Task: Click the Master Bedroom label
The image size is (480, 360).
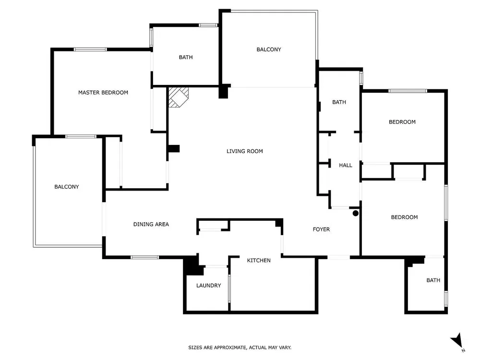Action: [x=103, y=93]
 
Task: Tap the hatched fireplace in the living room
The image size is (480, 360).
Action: [x=179, y=97]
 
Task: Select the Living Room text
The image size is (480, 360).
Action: [x=245, y=151]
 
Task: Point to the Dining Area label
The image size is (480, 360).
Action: [x=151, y=224]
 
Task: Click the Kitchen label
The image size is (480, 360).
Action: [x=259, y=261]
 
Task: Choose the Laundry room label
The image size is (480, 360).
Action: [x=208, y=286]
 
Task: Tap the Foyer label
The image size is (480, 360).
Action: [x=321, y=229]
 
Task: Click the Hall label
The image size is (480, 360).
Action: [x=345, y=165]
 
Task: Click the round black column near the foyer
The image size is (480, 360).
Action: [x=355, y=214]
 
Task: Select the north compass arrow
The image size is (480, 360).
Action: [x=457, y=341]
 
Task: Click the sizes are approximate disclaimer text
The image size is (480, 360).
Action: [x=240, y=348]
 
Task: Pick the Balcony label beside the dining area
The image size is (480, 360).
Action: [x=66, y=187]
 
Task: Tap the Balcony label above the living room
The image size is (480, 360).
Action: [x=269, y=49]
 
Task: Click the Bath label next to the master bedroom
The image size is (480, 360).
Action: [x=186, y=57]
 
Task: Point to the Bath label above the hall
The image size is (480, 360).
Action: [x=339, y=102]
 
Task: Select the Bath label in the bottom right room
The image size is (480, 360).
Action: [x=433, y=280]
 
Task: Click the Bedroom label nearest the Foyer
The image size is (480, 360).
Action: [x=404, y=217]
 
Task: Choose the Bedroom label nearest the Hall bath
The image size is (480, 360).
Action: [x=402, y=122]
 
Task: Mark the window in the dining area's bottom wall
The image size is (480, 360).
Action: [x=144, y=257]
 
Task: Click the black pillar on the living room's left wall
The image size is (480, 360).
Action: [x=174, y=149]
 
